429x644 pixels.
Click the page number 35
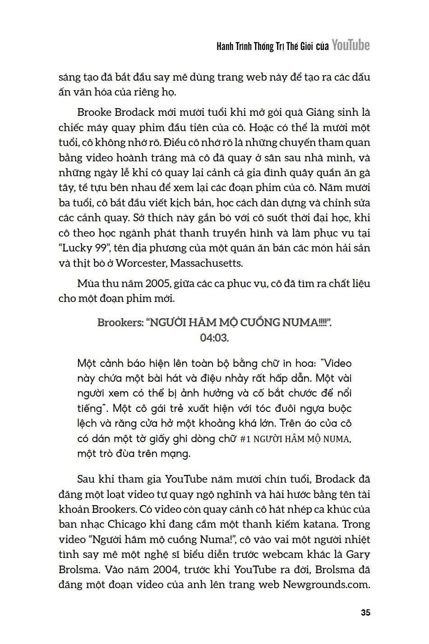pyautogui.click(x=365, y=612)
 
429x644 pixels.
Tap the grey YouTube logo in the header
pyautogui.click(x=351, y=45)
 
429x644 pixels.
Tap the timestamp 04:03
pyautogui.click(x=214, y=338)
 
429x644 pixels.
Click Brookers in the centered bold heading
pyautogui.click(x=120, y=323)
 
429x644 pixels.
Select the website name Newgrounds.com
pyautogui.click(x=326, y=585)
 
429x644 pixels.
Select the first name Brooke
pyautogui.click(x=93, y=112)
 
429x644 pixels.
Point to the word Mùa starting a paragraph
pyautogui.click(x=88, y=283)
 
